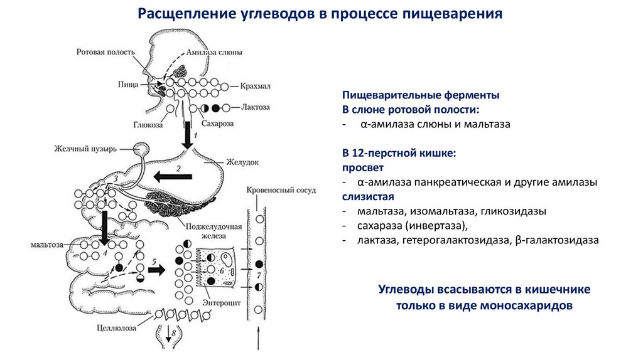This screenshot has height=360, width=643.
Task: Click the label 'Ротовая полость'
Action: [x=105, y=51]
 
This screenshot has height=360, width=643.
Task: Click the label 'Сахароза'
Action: [x=218, y=124]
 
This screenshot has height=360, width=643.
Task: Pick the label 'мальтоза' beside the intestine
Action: [x=48, y=245]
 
